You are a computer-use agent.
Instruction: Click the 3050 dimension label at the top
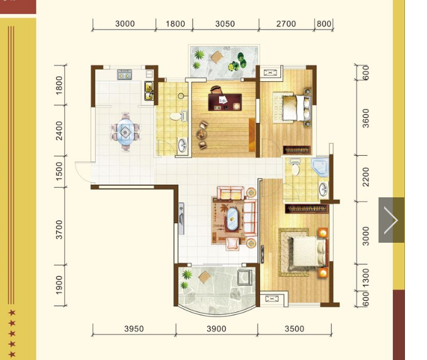pyautogui.click(x=225, y=24)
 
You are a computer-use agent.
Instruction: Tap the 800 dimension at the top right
pyautogui.click(x=324, y=24)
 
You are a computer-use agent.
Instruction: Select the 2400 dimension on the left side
pyautogui.click(x=59, y=131)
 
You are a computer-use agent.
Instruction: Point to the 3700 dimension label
pyautogui.click(x=59, y=229)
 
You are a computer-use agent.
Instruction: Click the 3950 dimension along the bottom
pyautogui.click(x=134, y=328)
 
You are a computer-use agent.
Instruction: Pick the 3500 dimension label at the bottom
pyautogui.click(x=294, y=328)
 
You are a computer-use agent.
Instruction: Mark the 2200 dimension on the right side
pyautogui.click(x=366, y=177)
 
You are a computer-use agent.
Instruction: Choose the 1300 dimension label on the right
pyautogui.click(x=366, y=278)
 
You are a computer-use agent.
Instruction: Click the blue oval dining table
pyautogui.click(x=125, y=132)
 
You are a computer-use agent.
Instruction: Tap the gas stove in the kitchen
pyautogui.click(x=125, y=74)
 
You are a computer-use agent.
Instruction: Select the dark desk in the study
pyautogui.click(x=225, y=102)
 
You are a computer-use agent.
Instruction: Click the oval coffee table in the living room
pyautogui.click(x=232, y=219)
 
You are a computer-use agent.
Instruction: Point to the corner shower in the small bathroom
pyautogui.click(x=320, y=166)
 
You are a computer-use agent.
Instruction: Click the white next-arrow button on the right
pyautogui.click(x=391, y=220)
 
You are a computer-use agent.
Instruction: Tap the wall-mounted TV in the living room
pyautogui.click(x=181, y=219)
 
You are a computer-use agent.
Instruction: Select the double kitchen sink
pyautogui.click(x=149, y=91)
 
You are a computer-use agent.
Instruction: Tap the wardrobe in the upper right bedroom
pyautogui.click(x=297, y=150)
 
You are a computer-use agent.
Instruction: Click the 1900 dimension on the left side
pyautogui.click(x=59, y=285)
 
